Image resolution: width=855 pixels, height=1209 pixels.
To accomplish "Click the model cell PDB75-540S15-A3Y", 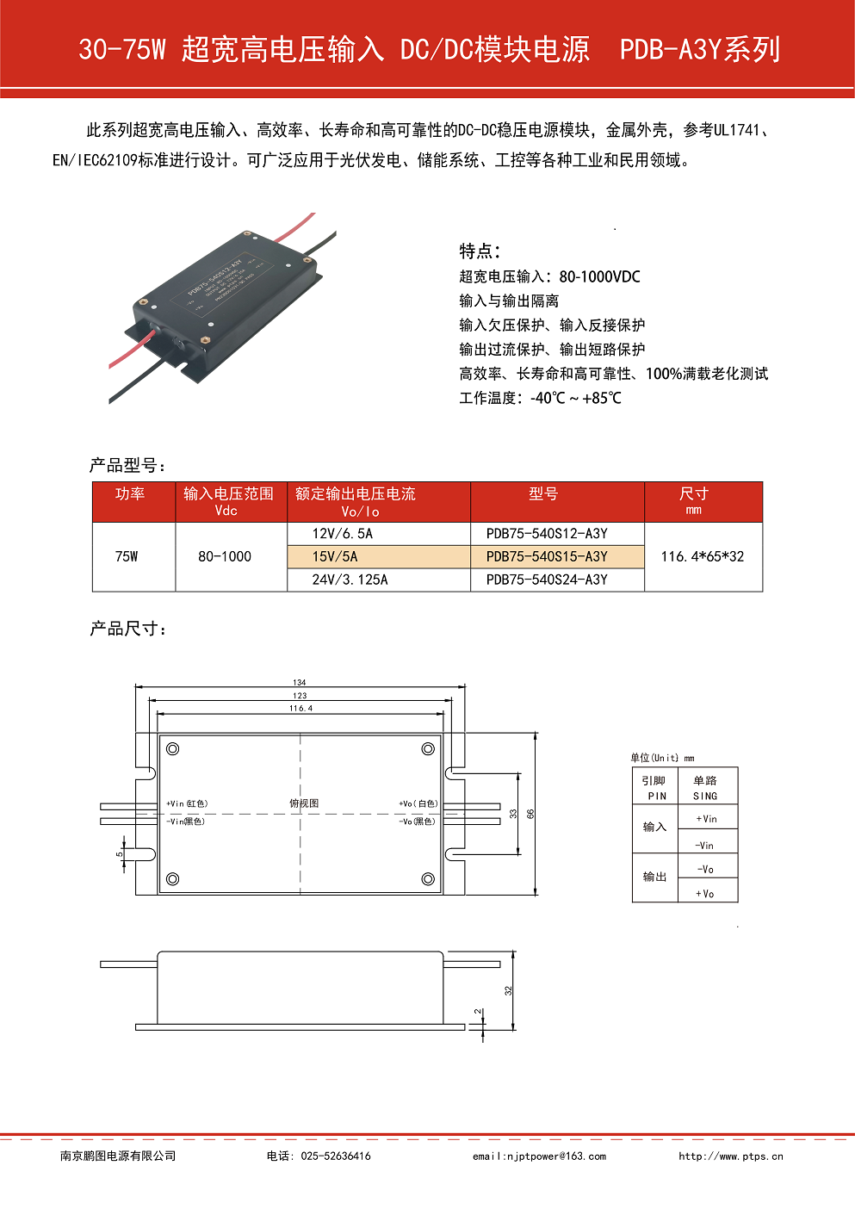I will pyautogui.click(x=547, y=557).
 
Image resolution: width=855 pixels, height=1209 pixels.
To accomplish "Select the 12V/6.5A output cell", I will pyautogui.click(x=343, y=534).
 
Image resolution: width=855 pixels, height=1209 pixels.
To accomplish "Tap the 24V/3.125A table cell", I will pyautogui.click(x=350, y=580).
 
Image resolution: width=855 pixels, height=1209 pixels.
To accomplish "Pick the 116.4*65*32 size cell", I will pyautogui.click(x=703, y=557).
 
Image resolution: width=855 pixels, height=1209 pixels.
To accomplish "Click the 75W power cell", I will pyautogui.click(x=127, y=557).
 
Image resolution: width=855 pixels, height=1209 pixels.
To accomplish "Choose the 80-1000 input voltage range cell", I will pyautogui.click(x=225, y=557).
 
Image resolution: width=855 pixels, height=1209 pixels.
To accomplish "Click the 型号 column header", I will pyautogui.click(x=543, y=494).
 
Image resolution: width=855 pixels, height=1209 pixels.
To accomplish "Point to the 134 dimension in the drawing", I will pyautogui.click(x=300, y=682).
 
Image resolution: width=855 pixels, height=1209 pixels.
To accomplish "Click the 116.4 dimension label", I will pyautogui.click(x=300, y=708).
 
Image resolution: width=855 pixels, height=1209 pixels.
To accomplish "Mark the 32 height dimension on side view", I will pyautogui.click(x=508, y=990).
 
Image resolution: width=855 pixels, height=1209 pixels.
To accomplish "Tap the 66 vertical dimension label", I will pyautogui.click(x=531, y=814).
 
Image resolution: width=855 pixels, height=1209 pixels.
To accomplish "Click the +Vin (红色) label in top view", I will pyautogui.click(x=187, y=803).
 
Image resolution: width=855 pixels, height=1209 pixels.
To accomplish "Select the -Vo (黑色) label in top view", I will pyautogui.click(x=418, y=821).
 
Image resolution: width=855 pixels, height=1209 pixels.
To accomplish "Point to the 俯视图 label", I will pyautogui.click(x=304, y=803).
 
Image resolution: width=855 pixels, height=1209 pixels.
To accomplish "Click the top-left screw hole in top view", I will pyautogui.click(x=173, y=749).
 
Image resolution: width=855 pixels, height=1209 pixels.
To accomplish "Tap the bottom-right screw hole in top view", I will pyautogui.click(x=428, y=879).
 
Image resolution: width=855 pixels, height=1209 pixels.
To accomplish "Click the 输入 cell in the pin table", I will pyautogui.click(x=654, y=828).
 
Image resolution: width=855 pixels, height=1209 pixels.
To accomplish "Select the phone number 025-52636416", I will pyautogui.click(x=336, y=1156).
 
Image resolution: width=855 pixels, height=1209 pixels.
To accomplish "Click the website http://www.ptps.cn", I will pyautogui.click(x=731, y=1156).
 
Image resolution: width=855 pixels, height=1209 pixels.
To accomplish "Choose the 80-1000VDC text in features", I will pyautogui.click(x=599, y=277).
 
